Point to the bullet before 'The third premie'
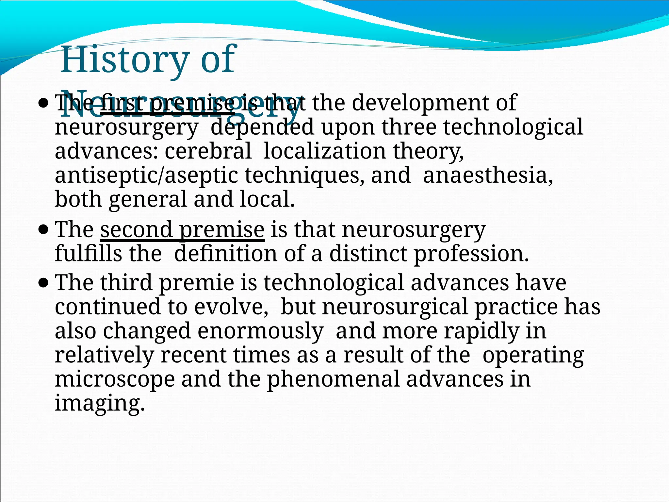point(43,283)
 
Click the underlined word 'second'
point(136,229)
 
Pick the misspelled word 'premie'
point(197,283)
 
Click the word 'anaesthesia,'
point(488,175)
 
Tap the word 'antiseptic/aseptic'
point(146,176)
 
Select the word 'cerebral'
point(208,151)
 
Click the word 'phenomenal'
point(333,379)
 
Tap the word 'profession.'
point(471,254)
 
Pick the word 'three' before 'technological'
point(409,127)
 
